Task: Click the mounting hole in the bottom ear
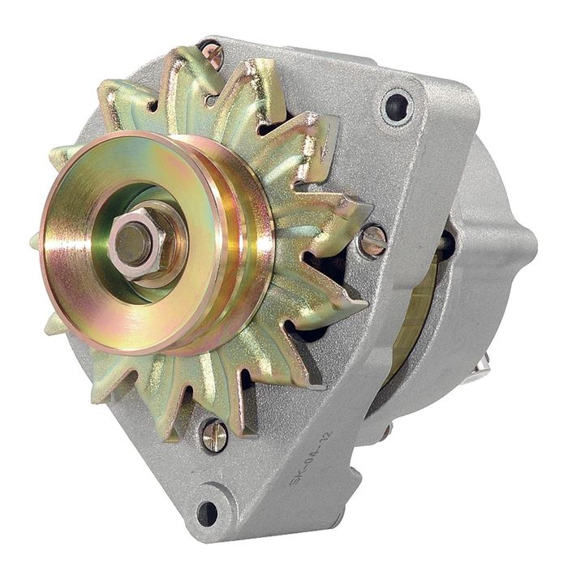click(x=208, y=513)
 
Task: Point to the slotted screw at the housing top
click(x=213, y=55)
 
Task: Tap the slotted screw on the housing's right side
click(x=373, y=240)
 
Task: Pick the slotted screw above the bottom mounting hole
click(x=214, y=435)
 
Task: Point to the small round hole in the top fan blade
click(x=212, y=101)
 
